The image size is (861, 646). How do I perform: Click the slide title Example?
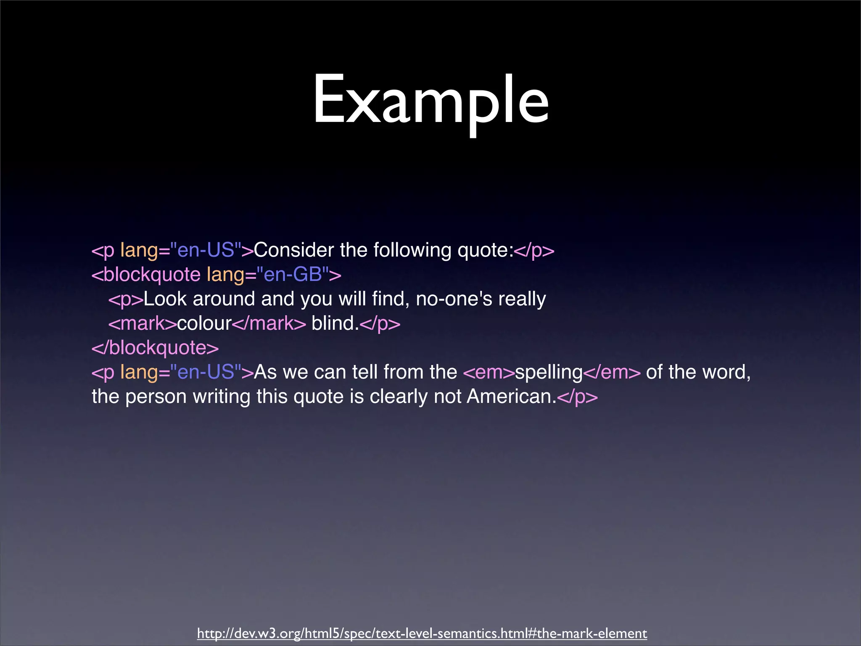[x=430, y=101]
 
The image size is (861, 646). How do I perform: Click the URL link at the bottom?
[x=422, y=633]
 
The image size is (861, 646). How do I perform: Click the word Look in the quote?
[x=165, y=299]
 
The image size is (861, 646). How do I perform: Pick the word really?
[x=522, y=299]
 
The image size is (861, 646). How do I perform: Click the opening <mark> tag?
[x=143, y=323]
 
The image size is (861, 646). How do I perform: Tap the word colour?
[x=204, y=323]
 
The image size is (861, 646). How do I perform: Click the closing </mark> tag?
[x=269, y=323]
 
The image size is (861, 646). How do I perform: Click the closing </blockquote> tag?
[x=155, y=348]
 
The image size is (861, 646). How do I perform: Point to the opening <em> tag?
[x=489, y=372]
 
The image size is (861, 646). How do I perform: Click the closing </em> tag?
[x=612, y=372]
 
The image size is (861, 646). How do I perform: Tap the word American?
[x=511, y=396]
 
